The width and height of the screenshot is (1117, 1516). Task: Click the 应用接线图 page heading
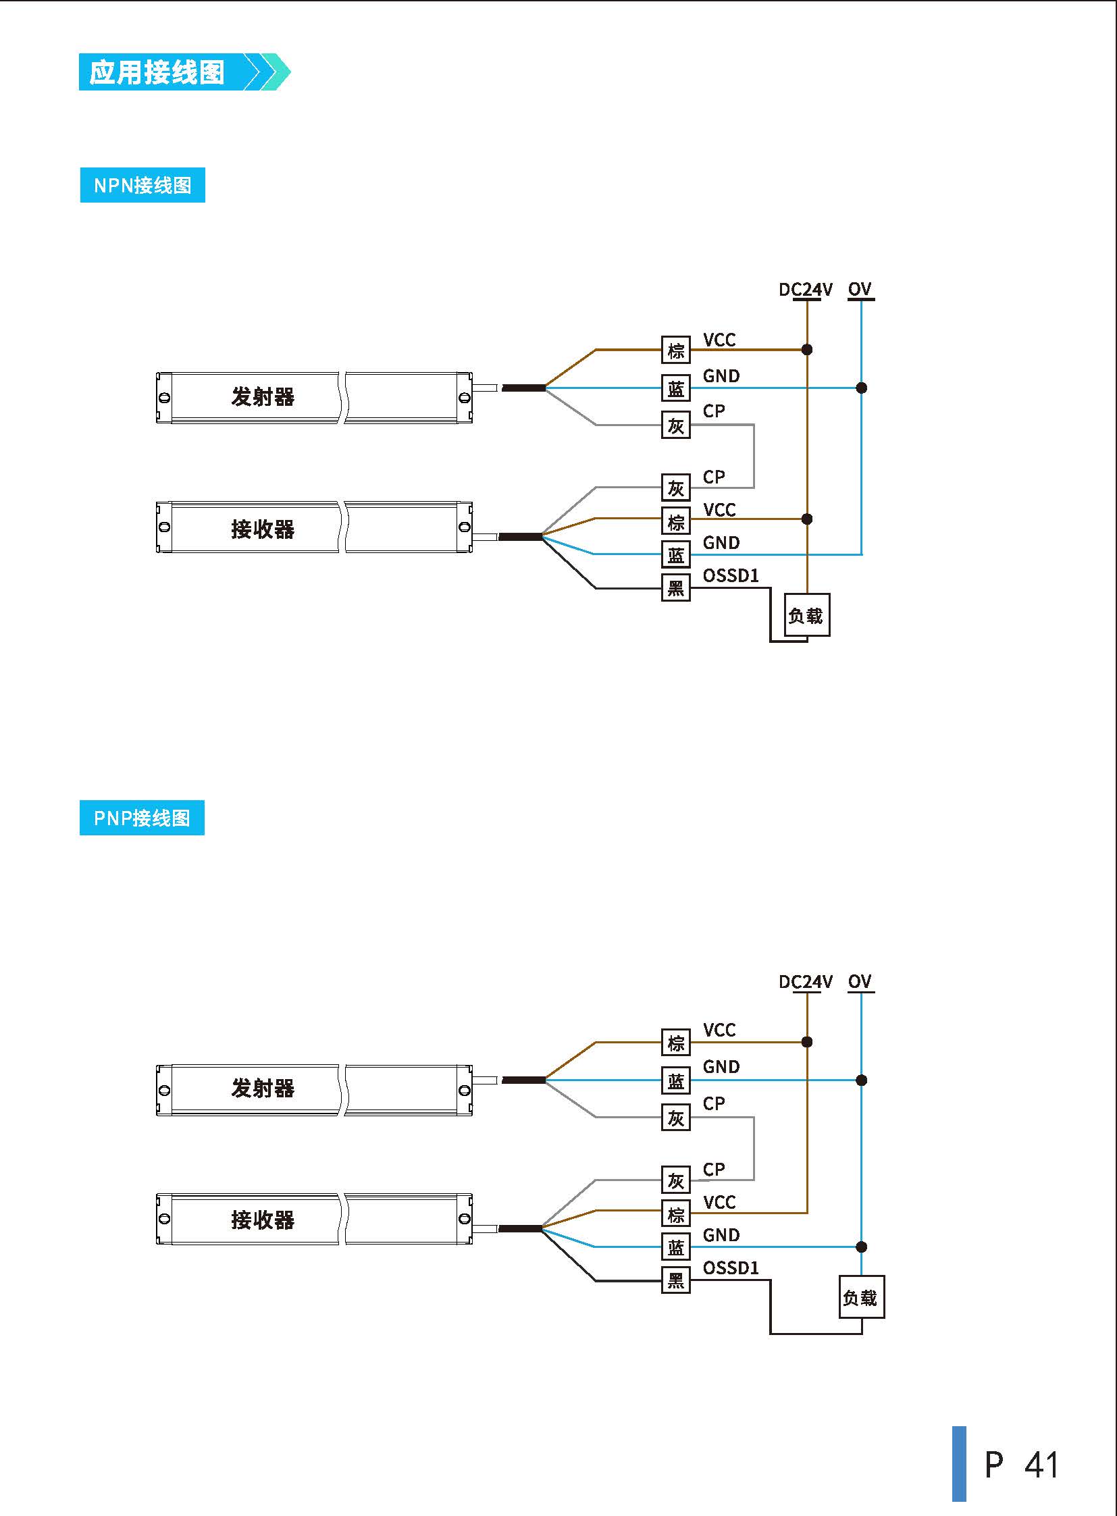point(157,72)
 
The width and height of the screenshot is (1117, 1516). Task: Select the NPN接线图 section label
point(142,185)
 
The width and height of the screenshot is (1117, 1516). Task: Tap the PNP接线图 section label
point(142,818)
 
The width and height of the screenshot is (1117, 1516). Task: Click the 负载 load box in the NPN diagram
point(806,615)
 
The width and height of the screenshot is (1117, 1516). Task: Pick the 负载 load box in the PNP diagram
point(861,1297)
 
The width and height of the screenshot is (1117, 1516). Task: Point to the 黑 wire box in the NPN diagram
point(675,587)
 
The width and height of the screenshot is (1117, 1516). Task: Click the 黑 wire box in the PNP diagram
point(675,1280)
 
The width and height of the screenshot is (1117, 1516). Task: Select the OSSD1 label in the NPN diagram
point(731,575)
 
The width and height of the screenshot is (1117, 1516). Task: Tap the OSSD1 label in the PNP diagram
point(731,1267)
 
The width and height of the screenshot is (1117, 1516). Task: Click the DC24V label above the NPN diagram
point(805,290)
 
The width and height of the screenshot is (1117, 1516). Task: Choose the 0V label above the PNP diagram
point(860,981)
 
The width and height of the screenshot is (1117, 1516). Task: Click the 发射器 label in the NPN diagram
point(263,397)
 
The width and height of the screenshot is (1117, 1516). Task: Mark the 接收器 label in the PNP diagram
point(263,1220)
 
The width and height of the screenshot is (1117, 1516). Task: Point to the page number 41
point(1041,1464)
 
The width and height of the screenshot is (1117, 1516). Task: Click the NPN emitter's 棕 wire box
point(675,350)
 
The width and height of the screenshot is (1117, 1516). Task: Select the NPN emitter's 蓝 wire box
point(675,388)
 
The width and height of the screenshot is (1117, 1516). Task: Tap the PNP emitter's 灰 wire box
point(675,1118)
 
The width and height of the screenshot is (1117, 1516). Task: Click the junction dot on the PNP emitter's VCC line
point(806,1042)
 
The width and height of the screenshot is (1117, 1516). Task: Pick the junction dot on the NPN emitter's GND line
point(862,388)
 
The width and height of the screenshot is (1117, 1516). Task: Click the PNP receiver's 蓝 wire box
point(675,1247)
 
